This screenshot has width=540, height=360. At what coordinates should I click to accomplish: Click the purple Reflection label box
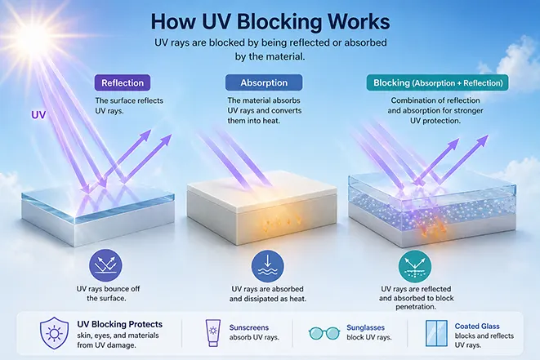[123, 83]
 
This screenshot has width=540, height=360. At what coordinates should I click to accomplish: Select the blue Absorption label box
[264, 83]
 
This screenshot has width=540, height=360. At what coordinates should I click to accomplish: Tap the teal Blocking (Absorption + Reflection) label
[437, 83]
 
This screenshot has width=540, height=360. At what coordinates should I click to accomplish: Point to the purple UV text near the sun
[38, 114]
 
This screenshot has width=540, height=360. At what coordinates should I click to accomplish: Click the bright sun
[33, 38]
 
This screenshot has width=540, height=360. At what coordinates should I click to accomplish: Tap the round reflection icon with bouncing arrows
[105, 265]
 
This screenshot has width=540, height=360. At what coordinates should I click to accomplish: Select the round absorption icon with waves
[268, 266]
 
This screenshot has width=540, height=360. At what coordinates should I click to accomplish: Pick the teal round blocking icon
[415, 267]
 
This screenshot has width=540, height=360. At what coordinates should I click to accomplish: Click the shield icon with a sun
[54, 333]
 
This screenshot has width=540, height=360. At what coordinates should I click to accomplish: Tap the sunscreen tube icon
[213, 333]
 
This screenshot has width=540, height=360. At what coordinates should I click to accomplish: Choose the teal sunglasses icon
[324, 333]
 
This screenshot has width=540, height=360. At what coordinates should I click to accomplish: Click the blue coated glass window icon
[436, 333]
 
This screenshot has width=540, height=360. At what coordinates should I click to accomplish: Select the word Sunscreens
[249, 327]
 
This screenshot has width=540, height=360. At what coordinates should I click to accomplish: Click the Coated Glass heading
[477, 326]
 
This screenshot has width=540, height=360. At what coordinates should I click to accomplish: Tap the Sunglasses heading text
[365, 327]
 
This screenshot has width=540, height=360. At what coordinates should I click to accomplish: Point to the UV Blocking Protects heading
[120, 324]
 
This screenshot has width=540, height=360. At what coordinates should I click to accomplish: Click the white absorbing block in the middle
[261, 206]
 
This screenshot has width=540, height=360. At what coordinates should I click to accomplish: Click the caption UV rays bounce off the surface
[108, 294]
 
